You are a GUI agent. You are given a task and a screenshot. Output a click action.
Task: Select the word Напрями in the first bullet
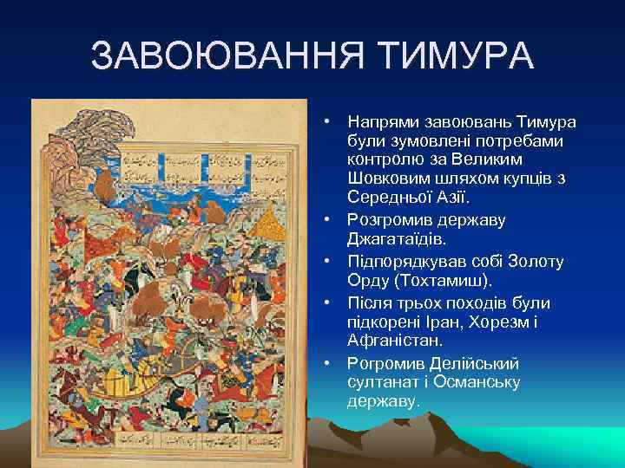tap(379, 122)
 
